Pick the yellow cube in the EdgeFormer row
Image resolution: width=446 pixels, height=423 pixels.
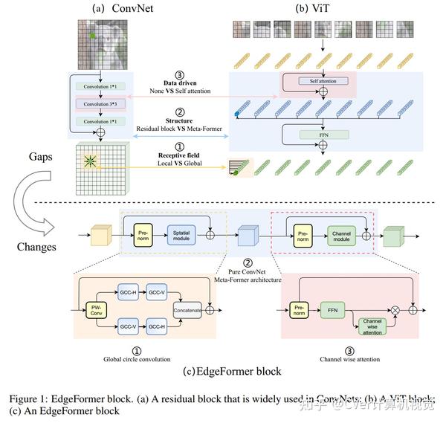[99, 236]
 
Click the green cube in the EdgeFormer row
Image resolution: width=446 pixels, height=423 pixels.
[392, 236]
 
